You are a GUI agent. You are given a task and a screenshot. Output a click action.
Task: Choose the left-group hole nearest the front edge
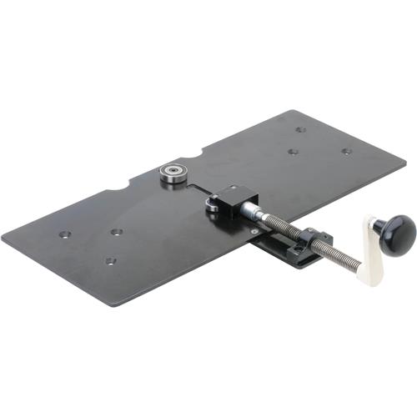(110, 261)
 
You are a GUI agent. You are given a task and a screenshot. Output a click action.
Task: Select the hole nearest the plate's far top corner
(300, 130)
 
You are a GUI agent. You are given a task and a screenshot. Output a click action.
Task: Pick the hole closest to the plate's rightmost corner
(346, 152)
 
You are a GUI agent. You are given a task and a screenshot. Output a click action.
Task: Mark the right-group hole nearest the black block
(293, 152)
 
